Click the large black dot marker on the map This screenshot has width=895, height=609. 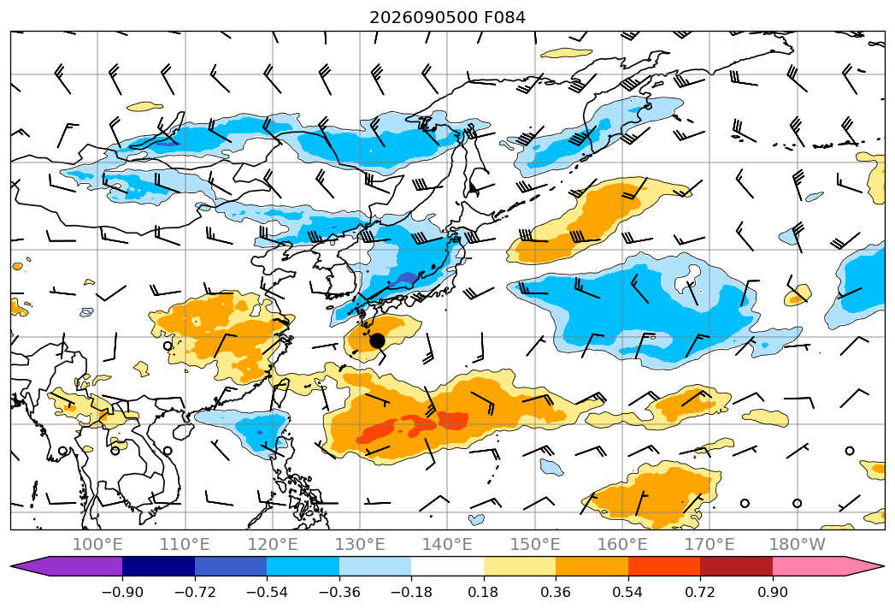[x=377, y=341]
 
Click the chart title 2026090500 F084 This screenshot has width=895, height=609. [x=448, y=18]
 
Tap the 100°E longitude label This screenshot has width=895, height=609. [x=97, y=545]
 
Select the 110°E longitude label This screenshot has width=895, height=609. [x=185, y=545]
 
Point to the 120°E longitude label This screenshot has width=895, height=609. [x=273, y=545]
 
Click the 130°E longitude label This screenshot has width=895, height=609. [x=360, y=545]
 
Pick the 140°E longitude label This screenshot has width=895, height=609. [x=448, y=545]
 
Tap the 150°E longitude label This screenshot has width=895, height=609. [x=535, y=545]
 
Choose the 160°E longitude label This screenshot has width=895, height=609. [x=622, y=545]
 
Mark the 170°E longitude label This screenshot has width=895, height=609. [x=710, y=545]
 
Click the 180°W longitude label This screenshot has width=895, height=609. [x=798, y=545]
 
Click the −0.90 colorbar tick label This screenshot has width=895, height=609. [x=122, y=592]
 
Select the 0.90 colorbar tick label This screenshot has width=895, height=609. [x=772, y=592]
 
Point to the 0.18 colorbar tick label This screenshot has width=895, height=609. [x=484, y=592]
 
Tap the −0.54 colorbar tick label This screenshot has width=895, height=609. [x=267, y=592]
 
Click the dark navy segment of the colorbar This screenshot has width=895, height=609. [x=159, y=566]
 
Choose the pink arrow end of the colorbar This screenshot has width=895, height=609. [x=828, y=566]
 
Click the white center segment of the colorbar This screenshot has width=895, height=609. [x=448, y=566]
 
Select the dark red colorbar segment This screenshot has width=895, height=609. [x=736, y=566]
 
